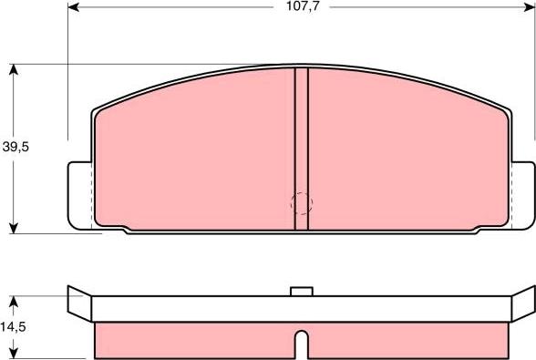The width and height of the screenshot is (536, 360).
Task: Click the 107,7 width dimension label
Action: (x=303, y=6)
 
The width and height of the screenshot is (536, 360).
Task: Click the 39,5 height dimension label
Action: (x=15, y=147)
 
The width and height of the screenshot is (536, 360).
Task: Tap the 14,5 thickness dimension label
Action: (x=13, y=327)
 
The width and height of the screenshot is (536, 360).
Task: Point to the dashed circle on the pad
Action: (x=302, y=204)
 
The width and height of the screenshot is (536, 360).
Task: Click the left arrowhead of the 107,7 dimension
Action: (x=73, y=7)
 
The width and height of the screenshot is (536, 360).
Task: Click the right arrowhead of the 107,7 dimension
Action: (x=529, y=7)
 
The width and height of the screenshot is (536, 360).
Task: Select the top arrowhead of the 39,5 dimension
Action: (x=14, y=69)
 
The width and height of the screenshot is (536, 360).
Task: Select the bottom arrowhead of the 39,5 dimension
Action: (x=14, y=228)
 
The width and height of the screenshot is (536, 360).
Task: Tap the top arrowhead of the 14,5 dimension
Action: (x=14, y=302)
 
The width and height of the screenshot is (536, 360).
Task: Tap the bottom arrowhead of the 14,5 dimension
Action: (x=14, y=353)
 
